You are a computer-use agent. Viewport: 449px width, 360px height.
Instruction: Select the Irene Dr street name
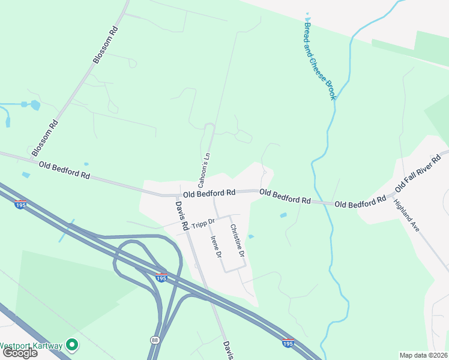tap(216, 247)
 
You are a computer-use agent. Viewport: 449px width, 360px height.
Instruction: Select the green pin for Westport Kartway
tap(72, 345)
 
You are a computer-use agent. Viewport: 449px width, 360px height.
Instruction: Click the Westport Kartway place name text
tap(32, 345)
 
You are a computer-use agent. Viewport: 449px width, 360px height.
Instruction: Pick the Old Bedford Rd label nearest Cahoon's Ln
tap(209, 193)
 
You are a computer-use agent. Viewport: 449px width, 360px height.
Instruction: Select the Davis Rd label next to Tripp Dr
tap(182, 215)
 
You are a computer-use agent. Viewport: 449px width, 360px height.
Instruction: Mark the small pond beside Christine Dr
tap(251, 236)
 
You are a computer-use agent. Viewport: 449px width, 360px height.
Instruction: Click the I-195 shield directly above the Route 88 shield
tap(161, 278)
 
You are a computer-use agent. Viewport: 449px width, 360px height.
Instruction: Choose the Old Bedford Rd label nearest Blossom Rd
tap(64, 171)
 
